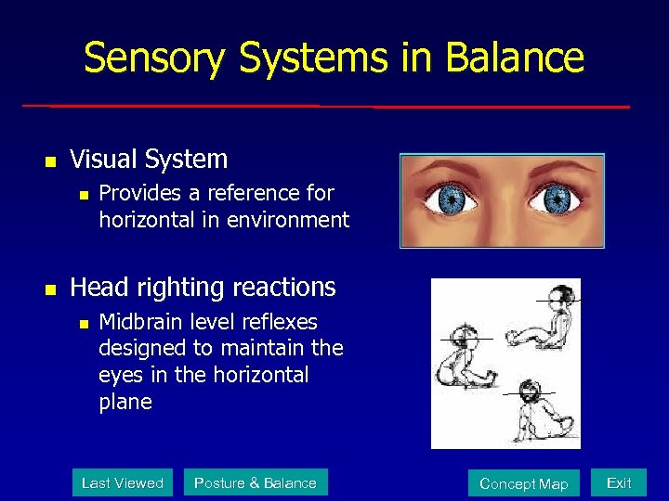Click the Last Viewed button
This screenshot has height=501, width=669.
point(123,482)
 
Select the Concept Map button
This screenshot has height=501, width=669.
point(523,483)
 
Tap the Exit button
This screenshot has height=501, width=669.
point(619,482)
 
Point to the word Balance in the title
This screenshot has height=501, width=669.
point(515,58)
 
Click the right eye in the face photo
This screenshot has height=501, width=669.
point(557,199)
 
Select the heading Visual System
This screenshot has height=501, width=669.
point(149,160)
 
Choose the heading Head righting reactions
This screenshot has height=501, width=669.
point(203,288)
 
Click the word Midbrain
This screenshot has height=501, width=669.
point(142,322)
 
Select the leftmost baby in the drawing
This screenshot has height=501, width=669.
point(465,357)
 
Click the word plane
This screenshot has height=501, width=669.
point(125,402)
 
